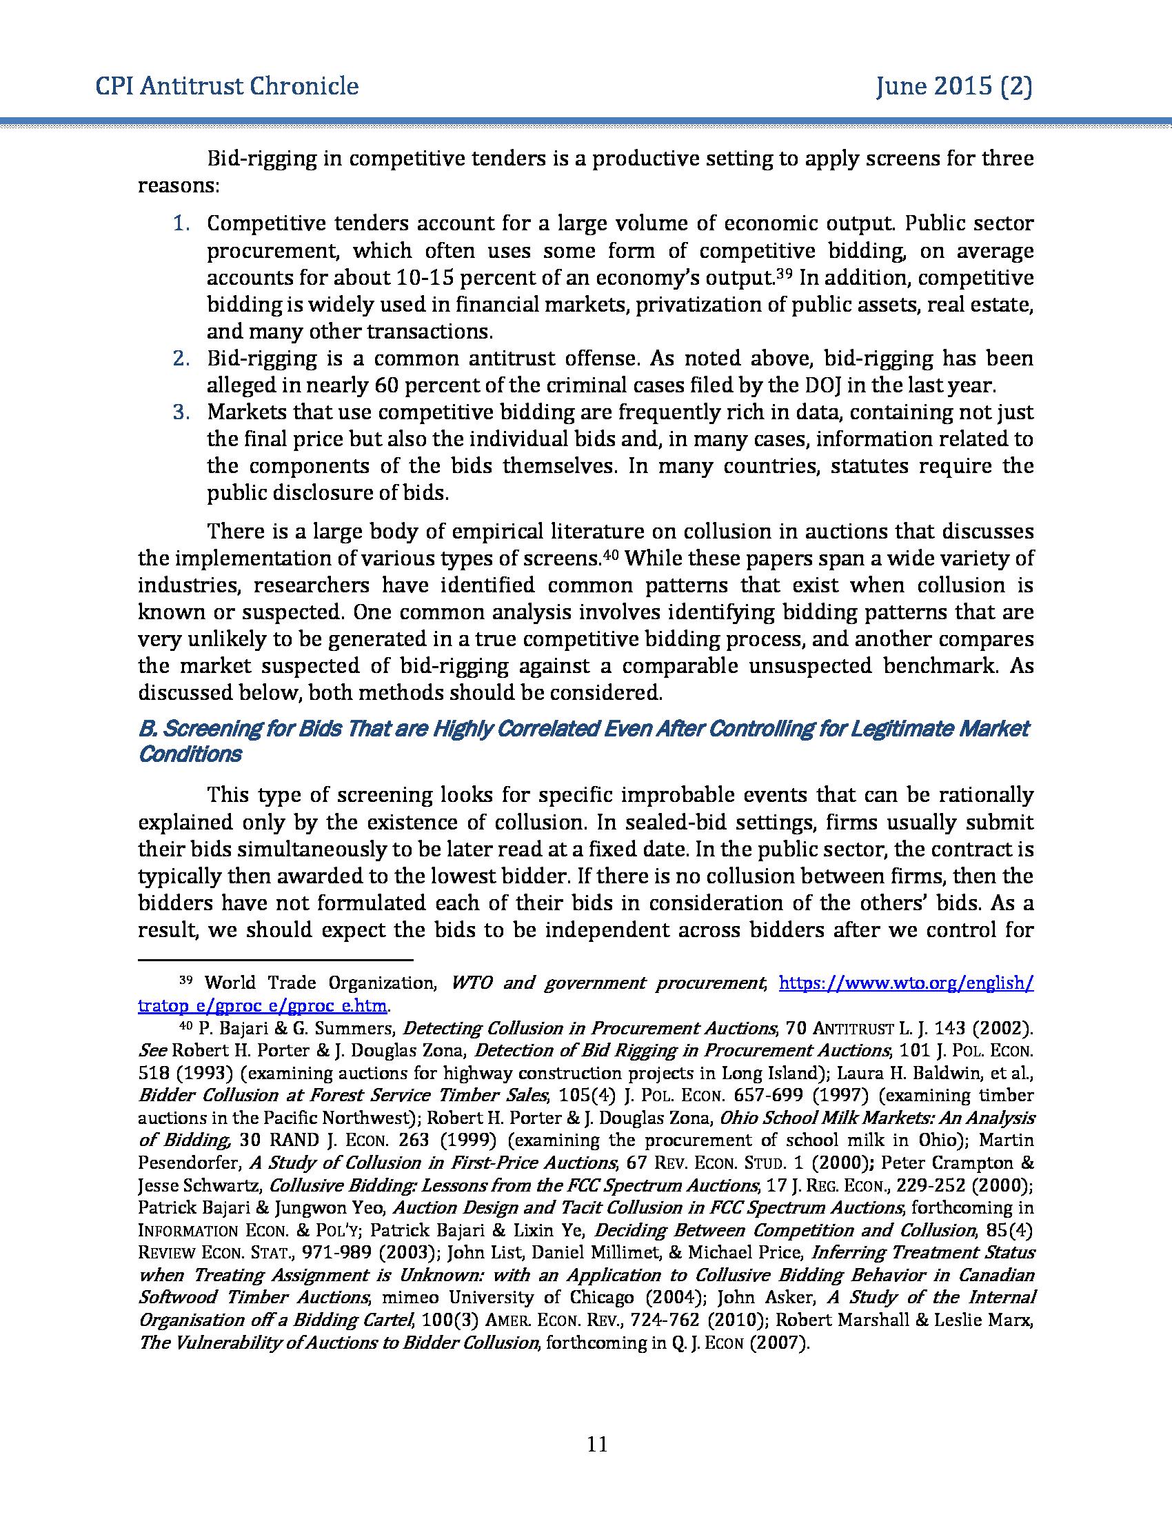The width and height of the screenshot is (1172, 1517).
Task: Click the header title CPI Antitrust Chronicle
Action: pyautogui.click(x=227, y=86)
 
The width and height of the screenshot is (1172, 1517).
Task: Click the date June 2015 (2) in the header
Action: pyautogui.click(x=954, y=86)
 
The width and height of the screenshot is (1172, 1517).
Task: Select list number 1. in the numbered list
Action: pyautogui.click(x=181, y=223)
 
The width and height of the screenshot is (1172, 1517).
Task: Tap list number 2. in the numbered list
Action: pyautogui.click(x=181, y=359)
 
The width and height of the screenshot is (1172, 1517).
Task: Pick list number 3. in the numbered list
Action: pyautogui.click(x=181, y=412)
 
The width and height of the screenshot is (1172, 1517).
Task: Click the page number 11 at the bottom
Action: pyautogui.click(x=597, y=1445)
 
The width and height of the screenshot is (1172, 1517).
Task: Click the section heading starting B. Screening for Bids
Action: pyautogui.click(x=583, y=729)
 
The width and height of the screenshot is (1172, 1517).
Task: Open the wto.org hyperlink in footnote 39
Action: pyautogui.click(x=906, y=983)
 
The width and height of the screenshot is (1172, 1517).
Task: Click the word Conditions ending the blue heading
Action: pyautogui.click(x=190, y=754)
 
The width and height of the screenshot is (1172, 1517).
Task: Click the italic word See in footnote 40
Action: pyautogui.click(x=152, y=1050)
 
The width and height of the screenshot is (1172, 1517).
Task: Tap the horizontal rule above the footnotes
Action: pyautogui.click(x=276, y=961)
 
